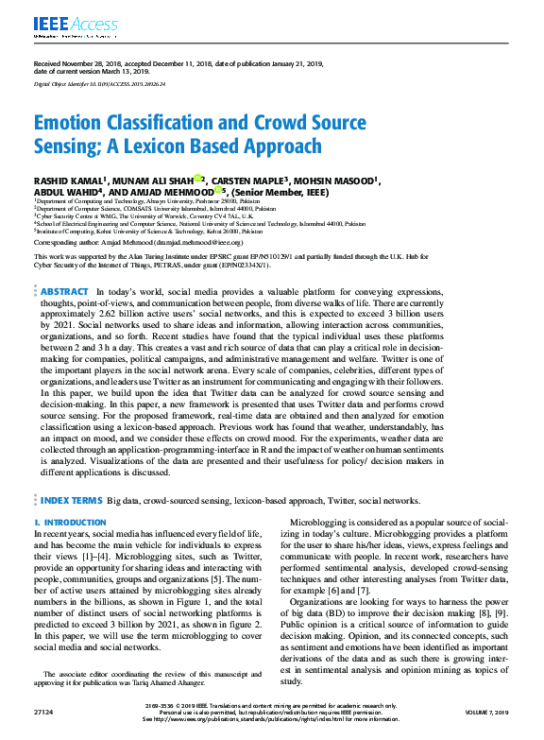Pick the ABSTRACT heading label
tap(65, 292)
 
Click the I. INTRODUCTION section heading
tap(70, 522)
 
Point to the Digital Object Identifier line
tap(99, 84)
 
